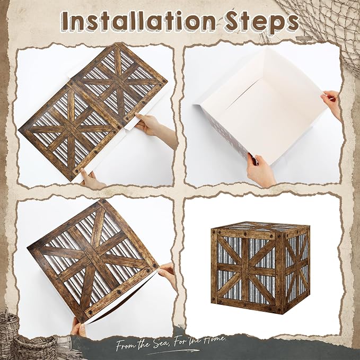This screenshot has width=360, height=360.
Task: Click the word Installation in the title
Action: (x=138, y=21)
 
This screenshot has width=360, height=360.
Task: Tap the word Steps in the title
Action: (x=261, y=22)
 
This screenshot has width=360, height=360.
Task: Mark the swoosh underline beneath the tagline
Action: (x=172, y=352)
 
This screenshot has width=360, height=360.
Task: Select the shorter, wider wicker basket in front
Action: (x=34, y=348)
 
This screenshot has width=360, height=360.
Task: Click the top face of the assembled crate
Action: (x=260, y=227)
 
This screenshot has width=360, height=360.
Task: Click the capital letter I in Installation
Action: (x=65, y=21)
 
